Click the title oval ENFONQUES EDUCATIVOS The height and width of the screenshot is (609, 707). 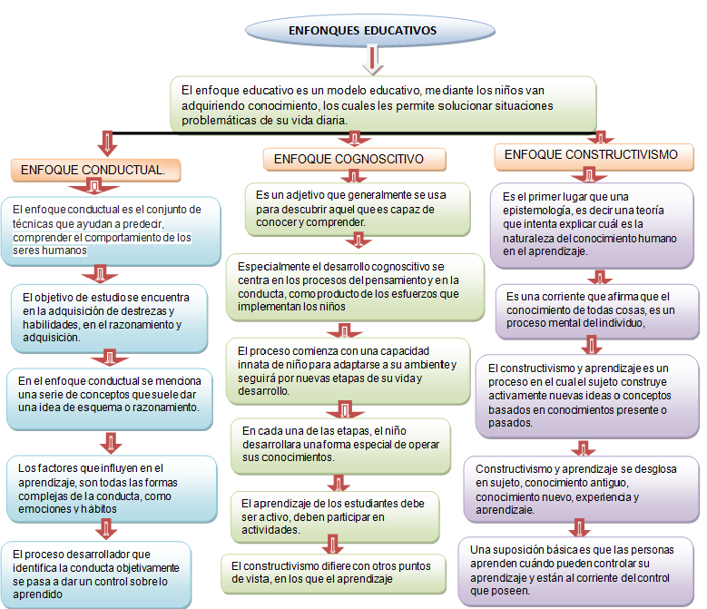click(362, 31)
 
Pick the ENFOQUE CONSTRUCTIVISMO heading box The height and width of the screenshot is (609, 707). click(591, 155)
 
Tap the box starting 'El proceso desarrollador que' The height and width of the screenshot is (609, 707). click(96, 573)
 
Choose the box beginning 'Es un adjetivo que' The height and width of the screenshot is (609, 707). click(358, 208)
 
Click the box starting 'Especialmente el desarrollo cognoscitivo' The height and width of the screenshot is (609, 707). click(355, 287)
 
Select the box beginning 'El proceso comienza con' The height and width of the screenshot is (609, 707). click(348, 369)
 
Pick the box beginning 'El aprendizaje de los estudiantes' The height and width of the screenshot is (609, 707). click(334, 516)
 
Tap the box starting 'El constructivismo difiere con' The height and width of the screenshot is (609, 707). click(319, 572)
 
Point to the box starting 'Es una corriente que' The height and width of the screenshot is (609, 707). click(596, 309)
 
